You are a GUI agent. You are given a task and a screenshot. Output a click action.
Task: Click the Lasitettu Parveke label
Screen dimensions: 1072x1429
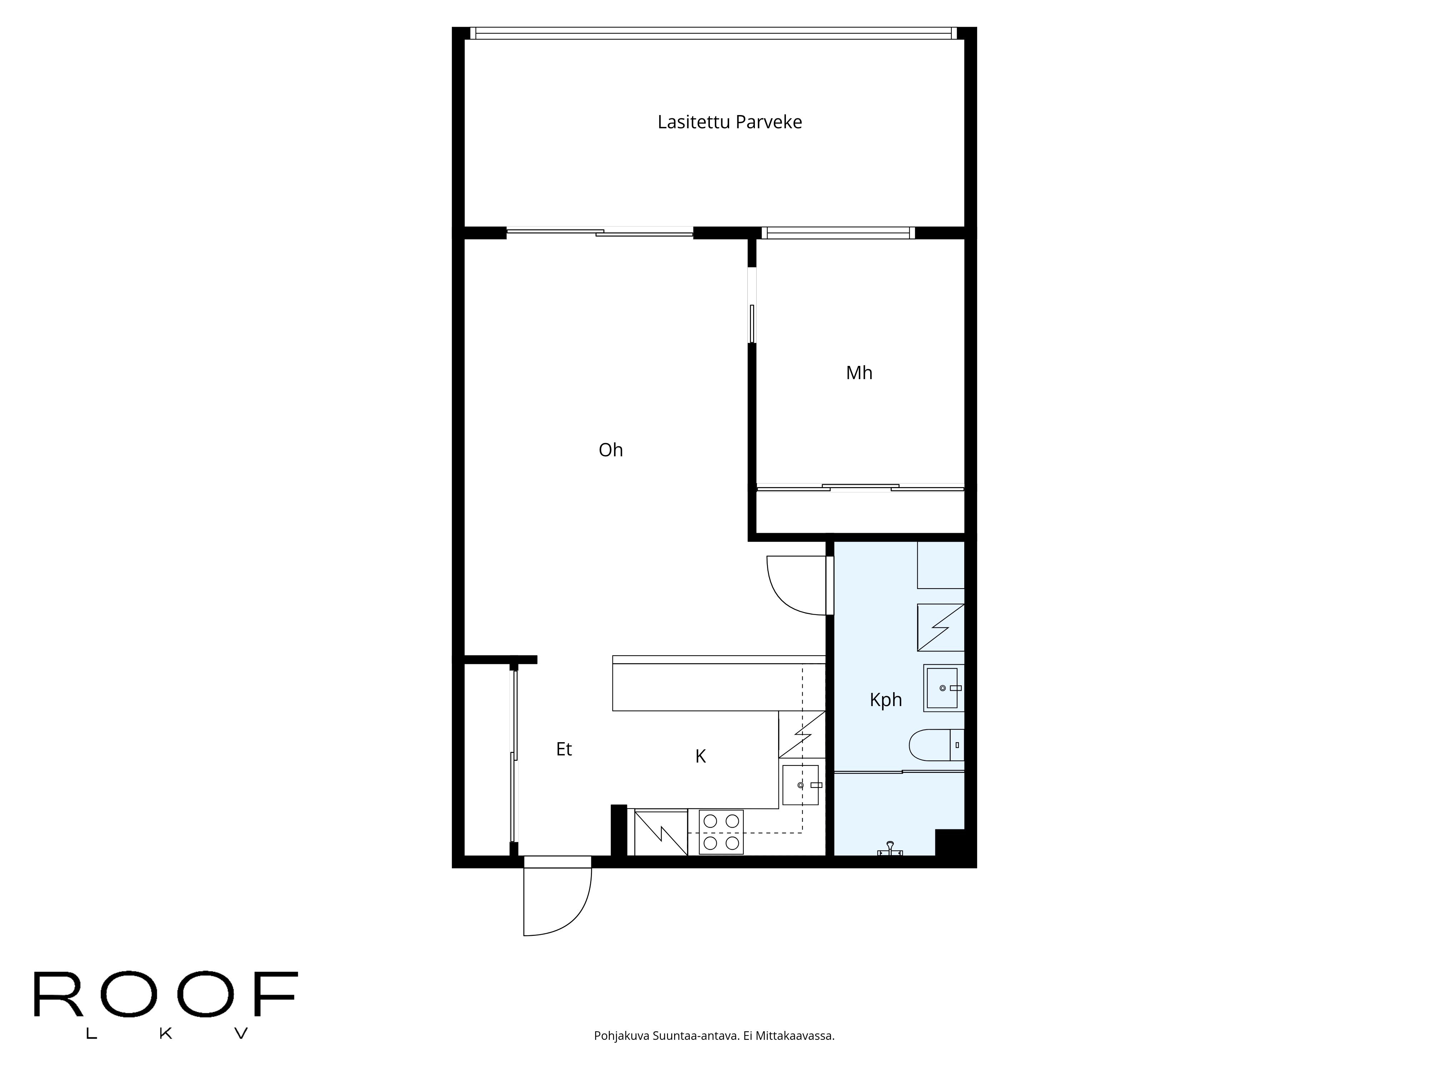(730, 122)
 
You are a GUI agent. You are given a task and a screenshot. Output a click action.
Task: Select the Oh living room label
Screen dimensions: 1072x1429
(611, 450)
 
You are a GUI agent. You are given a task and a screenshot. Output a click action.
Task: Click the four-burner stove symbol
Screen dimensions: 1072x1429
(721, 832)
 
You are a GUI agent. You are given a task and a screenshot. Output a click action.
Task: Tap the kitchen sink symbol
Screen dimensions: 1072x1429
(801, 785)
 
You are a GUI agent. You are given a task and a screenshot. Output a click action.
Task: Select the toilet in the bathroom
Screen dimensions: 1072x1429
(935, 745)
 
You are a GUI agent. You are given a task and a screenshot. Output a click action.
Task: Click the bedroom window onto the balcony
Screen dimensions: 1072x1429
(838, 233)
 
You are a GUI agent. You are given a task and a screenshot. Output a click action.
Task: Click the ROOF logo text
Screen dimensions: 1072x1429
(165, 994)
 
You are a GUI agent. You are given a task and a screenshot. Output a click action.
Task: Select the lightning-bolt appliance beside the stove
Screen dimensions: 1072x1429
(660, 832)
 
